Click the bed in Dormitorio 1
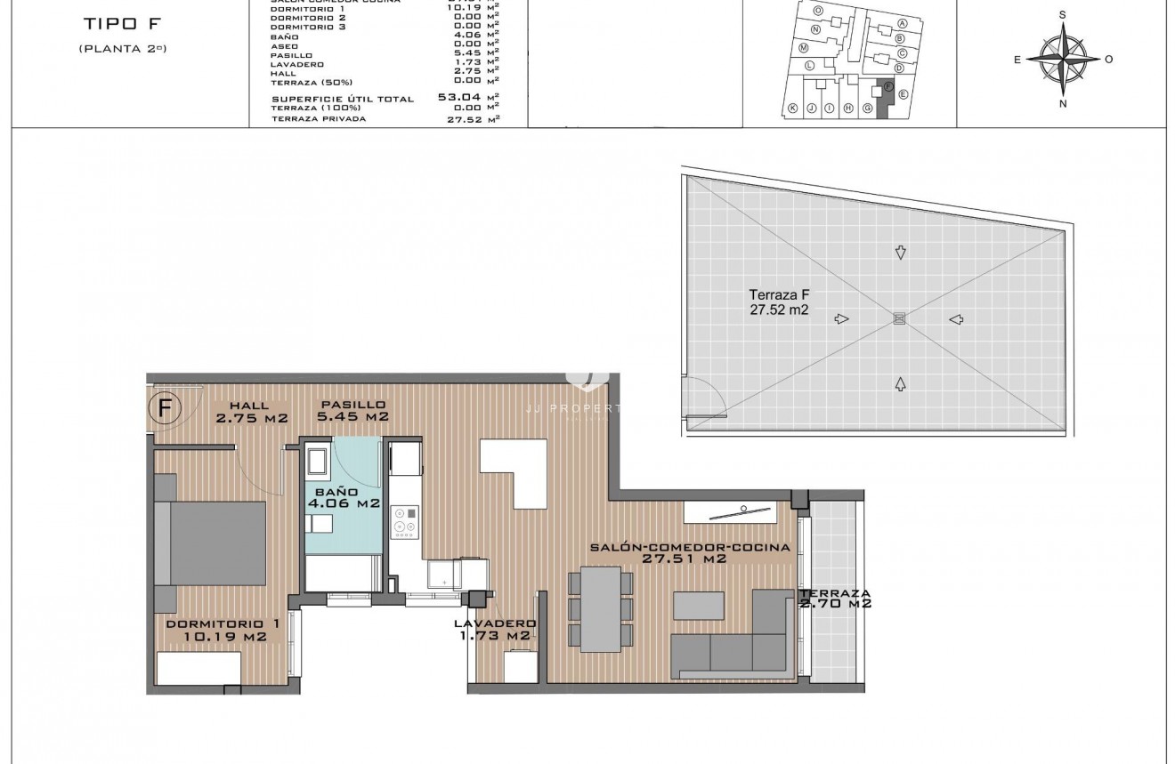pos(211,543)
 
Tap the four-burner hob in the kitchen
pos(405,521)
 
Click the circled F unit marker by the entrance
pos(165,408)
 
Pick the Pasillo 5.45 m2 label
pos(353,410)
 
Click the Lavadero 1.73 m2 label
pos(494,630)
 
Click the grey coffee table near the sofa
pos(699,605)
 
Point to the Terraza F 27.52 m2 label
pos(779,302)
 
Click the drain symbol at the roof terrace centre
pos(899,318)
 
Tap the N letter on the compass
pos(1063,103)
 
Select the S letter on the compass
pos(1063,15)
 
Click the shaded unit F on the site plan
pos(883,98)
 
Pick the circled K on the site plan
pos(792,109)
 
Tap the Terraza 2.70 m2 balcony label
pos(834,599)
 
